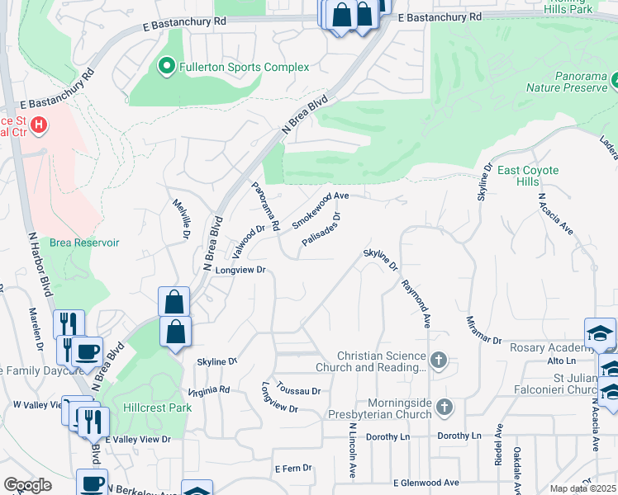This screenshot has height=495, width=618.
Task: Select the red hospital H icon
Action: pyautogui.click(x=38, y=126)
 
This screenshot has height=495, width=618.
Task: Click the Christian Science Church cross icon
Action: pyautogui.click(x=439, y=360)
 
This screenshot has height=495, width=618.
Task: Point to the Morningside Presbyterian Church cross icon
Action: pyautogui.click(x=444, y=407)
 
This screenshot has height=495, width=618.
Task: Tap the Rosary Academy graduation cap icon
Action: pyautogui.click(x=599, y=333)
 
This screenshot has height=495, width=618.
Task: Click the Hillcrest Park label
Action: pyautogui.click(x=157, y=408)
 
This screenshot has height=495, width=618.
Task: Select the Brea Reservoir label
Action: pyautogui.click(x=85, y=243)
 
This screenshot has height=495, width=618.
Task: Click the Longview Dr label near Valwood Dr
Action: pyautogui.click(x=240, y=270)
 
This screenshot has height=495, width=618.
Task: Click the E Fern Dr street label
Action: pyautogui.click(x=293, y=468)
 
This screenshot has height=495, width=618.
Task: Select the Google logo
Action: pyautogui.click(x=27, y=485)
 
